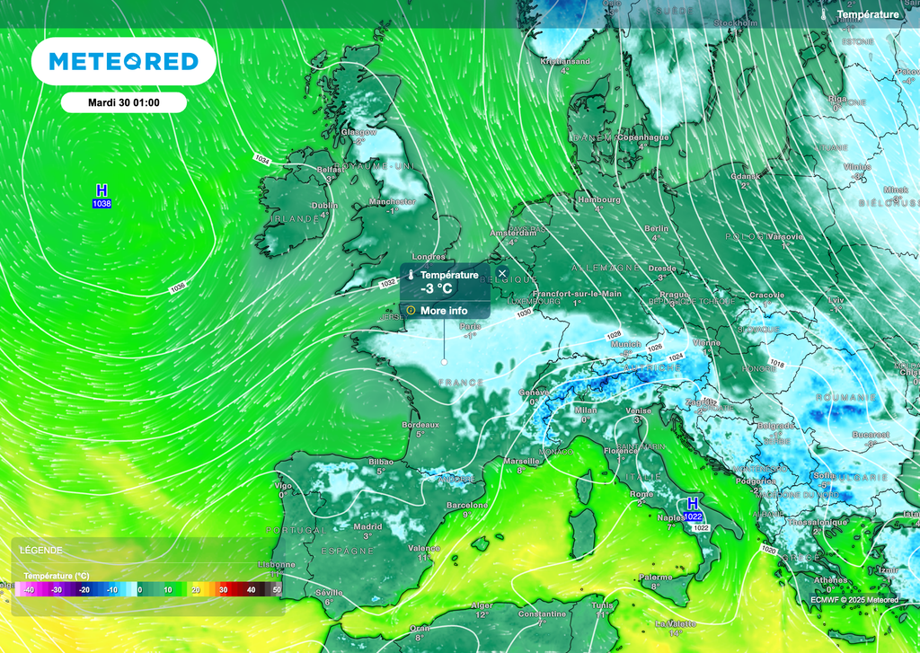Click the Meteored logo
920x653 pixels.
[123, 61]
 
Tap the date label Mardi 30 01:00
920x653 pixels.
[124, 102]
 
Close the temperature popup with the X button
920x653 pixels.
[502, 273]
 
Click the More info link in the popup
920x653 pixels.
[444, 311]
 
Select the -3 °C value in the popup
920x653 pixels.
[437, 288]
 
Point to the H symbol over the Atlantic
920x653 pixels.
[102, 190]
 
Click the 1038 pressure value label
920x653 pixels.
[102, 205]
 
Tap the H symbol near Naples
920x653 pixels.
[693, 503]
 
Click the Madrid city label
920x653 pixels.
[367, 527]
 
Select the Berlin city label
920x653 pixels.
[657, 229]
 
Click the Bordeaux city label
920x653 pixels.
[420, 424]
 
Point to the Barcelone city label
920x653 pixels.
[467, 505]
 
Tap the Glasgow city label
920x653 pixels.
[358, 132]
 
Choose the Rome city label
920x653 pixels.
[641, 494]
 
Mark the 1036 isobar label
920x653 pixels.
[178, 287]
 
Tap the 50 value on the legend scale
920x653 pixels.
[277, 589]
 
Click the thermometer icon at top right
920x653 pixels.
[825, 14]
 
